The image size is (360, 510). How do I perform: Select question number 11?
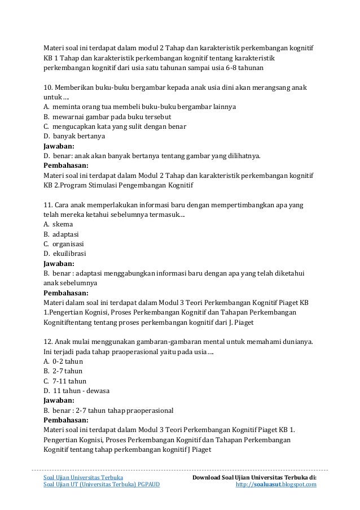[x=49, y=204]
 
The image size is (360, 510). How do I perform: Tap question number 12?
[x=49, y=342]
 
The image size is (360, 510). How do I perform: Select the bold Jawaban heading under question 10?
[x=59, y=146]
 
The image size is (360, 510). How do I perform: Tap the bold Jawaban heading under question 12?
[x=59, y=400]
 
